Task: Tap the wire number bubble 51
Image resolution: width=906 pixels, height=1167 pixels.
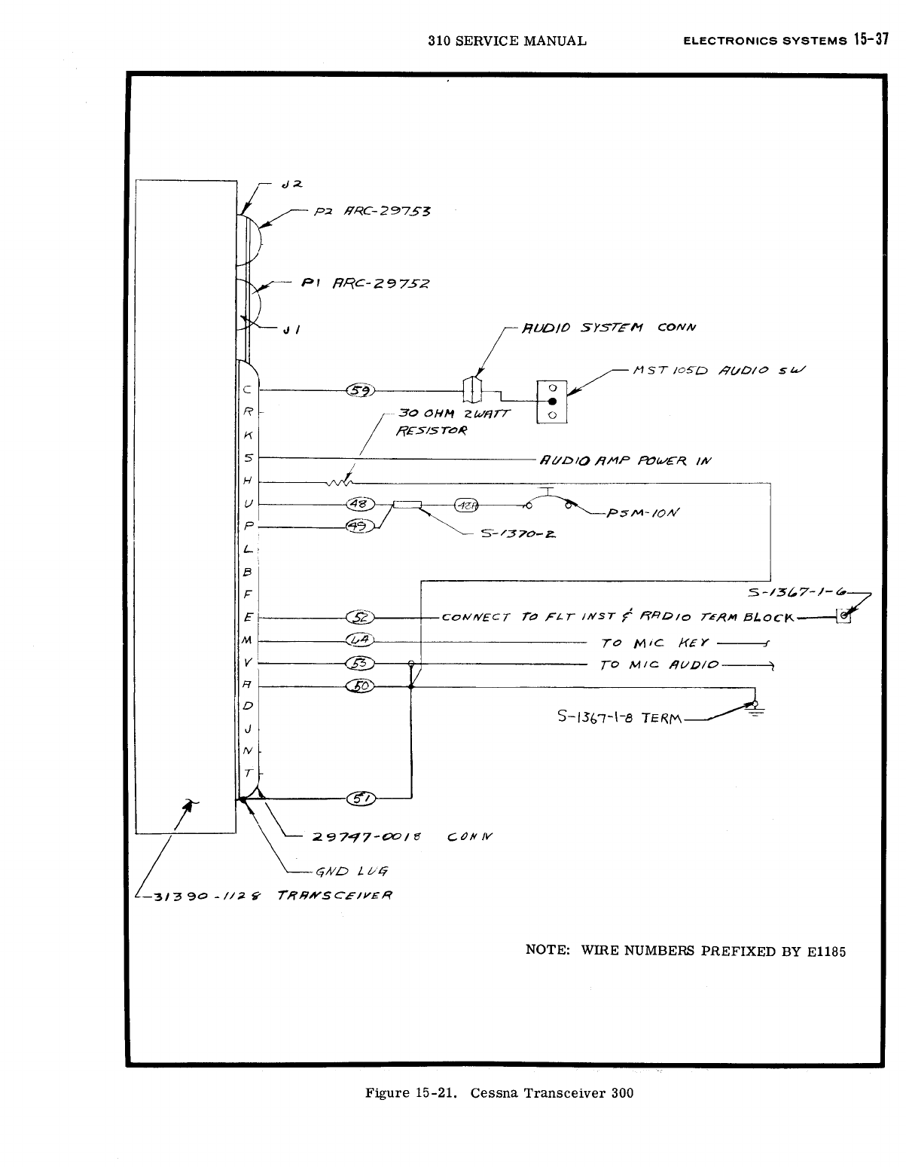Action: coord(361,799)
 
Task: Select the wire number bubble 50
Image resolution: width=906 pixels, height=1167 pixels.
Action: coord(361,686)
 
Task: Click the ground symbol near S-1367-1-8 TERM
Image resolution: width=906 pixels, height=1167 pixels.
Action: coord(755,708)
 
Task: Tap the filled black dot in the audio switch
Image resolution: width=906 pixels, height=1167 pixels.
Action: coord(552,402)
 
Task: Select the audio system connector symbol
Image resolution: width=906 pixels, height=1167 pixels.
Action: coord(472,390)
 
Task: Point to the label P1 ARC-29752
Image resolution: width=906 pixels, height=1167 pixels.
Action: coord(365,284)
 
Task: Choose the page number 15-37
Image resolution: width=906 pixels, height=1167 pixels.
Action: coord(872,40)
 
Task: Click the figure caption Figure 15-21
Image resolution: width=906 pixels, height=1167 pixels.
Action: coord(413,1093)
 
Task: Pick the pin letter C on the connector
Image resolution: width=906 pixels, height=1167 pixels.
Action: coord(247,390)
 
